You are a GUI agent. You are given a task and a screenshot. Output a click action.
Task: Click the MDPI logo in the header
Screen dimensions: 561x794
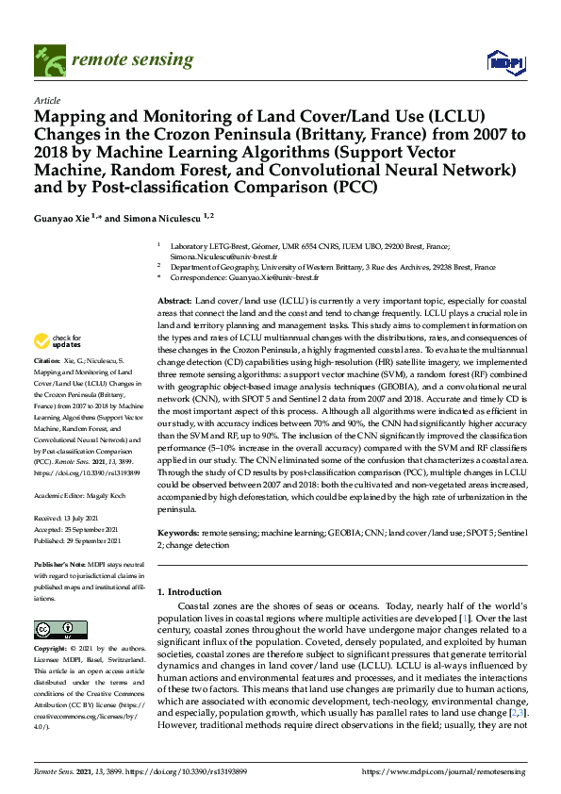point(505,61)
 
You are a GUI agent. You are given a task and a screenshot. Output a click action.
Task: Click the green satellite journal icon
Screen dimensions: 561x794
point(48,60)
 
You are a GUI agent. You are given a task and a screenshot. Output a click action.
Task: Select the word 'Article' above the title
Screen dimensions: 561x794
point(46,100)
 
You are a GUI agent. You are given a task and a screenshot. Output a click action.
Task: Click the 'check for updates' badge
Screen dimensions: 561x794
point(56,340)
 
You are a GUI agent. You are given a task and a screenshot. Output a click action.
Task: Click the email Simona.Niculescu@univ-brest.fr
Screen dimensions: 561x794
point(223,256)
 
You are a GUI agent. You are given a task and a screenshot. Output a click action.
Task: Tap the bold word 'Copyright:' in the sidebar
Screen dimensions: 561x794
point(51,650)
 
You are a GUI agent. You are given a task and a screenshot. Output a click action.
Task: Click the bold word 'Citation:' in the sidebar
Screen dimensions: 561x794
point(46,360)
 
